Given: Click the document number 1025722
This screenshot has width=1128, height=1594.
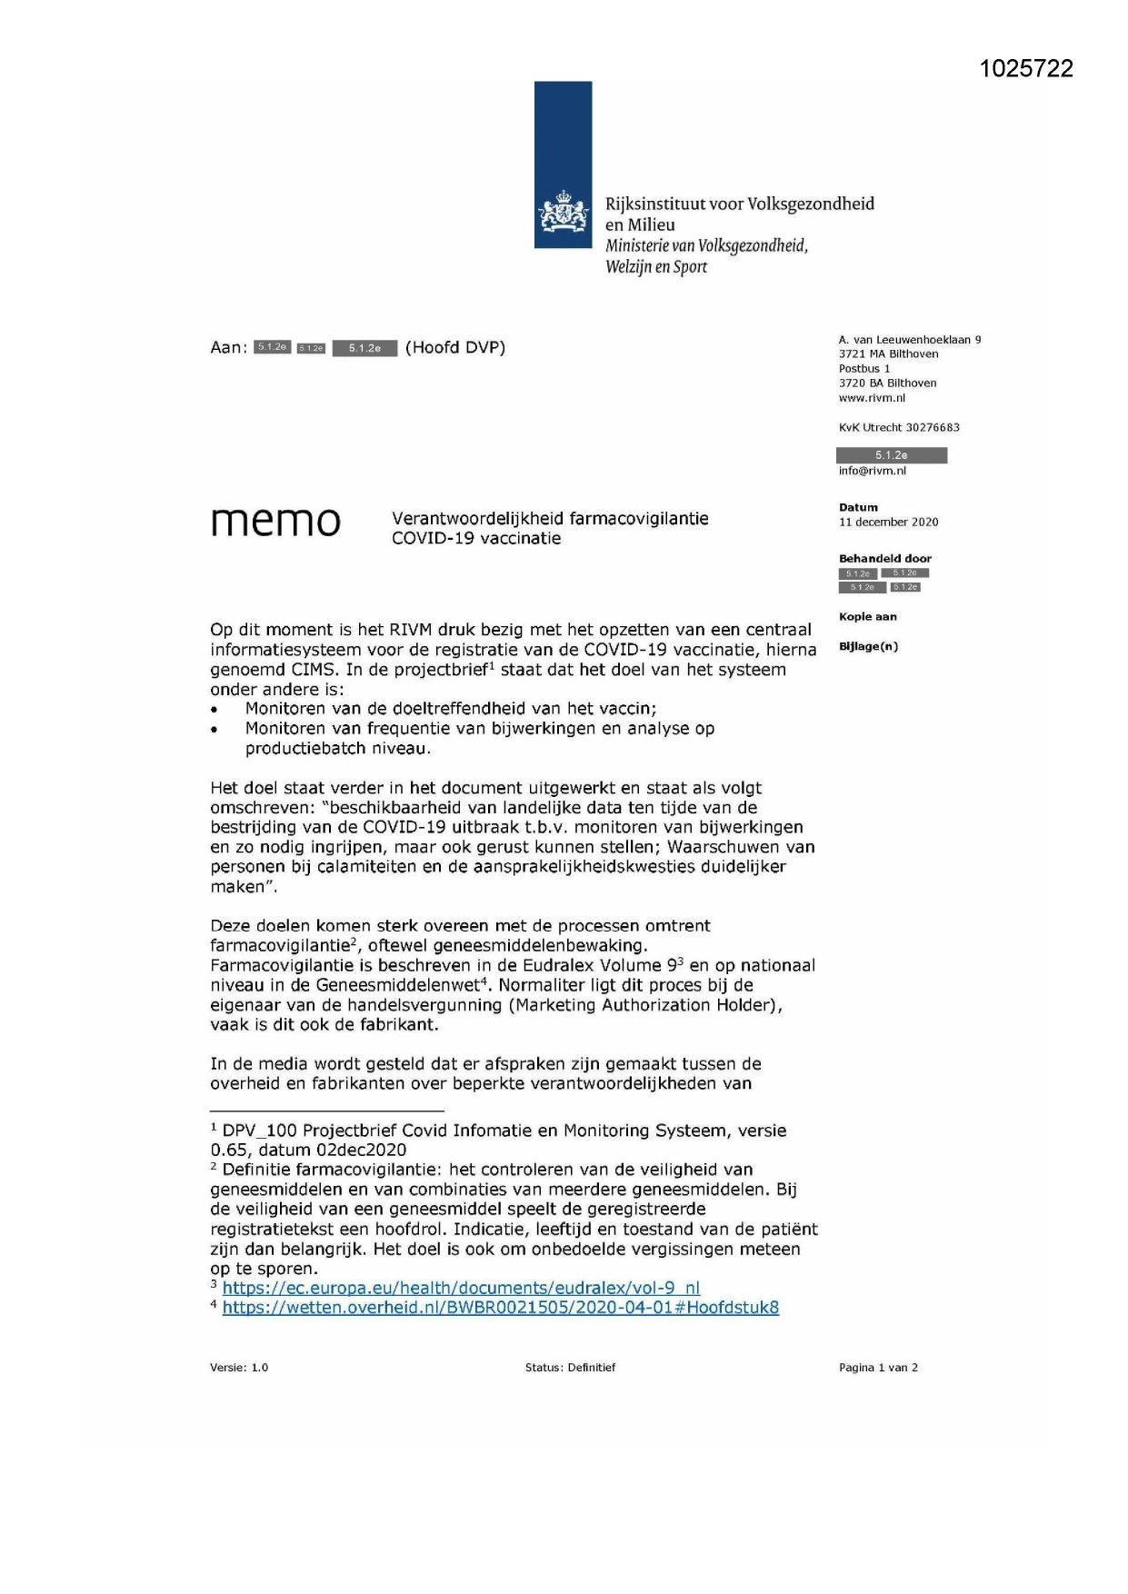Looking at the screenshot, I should tap(1026, 69).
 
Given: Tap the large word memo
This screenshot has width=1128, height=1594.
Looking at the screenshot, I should tap(275, 521).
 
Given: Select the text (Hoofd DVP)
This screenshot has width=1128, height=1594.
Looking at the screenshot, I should tap(455, 347).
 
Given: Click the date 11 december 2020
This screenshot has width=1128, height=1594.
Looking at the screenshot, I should tap(888, 522).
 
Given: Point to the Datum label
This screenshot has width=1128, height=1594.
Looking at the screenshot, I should tap(858, 507).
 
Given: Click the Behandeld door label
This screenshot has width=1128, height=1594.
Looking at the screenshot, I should tap(884, 558).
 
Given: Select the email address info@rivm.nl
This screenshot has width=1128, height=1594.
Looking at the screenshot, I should tap(872, 471).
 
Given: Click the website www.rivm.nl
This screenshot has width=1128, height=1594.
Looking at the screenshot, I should tap(872, 398).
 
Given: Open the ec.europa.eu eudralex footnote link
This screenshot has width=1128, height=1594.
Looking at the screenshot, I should tap(461, 1288).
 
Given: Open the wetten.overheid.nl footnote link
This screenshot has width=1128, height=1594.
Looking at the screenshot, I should tap(500, 1308).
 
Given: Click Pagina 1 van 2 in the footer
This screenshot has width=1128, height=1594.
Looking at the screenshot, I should tap(878, 1368).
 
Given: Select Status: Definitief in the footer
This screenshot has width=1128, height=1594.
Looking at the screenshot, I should tap(570, 1368).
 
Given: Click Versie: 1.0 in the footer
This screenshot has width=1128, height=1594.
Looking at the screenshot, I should tap(239, 1368).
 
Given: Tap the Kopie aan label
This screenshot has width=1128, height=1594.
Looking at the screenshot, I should tap(867, 616).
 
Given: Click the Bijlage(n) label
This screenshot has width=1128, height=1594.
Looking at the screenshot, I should tap(868, 646).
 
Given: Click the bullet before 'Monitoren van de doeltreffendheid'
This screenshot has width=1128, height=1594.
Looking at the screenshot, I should tap(215, 710).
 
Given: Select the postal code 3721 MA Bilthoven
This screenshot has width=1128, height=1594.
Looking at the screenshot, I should tap(888, 354).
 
